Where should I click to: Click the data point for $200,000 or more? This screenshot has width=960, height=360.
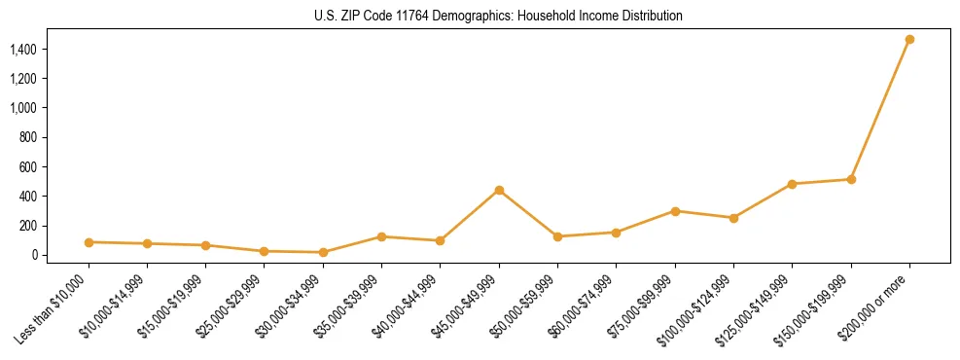pyautogui.click(x=909, y=40)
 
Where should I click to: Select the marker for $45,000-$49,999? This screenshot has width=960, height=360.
pyautogui.click(x=499, y=190)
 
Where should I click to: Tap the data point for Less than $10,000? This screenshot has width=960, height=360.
pyautogui.click(x=89, y=242)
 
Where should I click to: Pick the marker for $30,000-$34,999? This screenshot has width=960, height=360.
pyautogui.click(x=323, y=252)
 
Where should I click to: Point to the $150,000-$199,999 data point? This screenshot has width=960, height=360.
pyautogui.click(x=851, y=179)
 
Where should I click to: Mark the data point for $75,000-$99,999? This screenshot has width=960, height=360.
pyautogui.click(x=675, y=211)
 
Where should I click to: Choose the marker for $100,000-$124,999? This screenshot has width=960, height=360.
pyautogui.click(x=733, y=218)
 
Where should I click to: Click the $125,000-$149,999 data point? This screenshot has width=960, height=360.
pyautogui.click(x=792, y=184)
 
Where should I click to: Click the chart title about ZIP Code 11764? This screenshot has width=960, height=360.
pyautogui.click(x=498, y=17)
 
